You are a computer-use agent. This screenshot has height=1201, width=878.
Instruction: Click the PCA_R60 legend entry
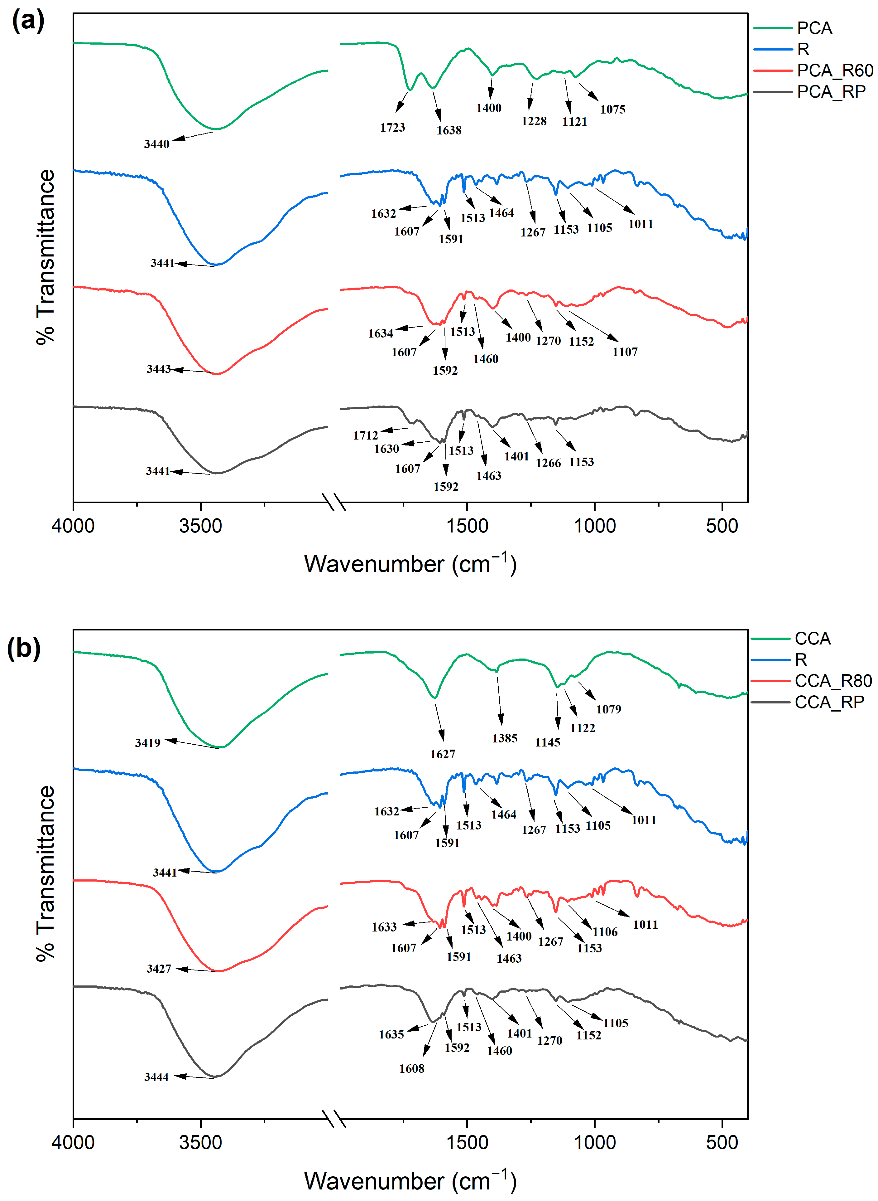click(834, 70)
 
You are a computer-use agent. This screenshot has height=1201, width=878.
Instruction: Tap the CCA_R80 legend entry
click(833, 681)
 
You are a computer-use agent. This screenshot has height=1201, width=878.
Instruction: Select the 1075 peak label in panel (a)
click(613, 109)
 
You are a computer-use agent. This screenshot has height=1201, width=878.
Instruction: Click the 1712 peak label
click(366, 435)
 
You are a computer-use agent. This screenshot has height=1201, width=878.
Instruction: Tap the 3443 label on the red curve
click(158, 369)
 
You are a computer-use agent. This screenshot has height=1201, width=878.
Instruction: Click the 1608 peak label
click(412, 1068)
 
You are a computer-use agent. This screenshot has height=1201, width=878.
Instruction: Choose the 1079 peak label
click(608, 709)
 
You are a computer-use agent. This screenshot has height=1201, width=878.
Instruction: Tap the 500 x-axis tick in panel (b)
click(722, 1142)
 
